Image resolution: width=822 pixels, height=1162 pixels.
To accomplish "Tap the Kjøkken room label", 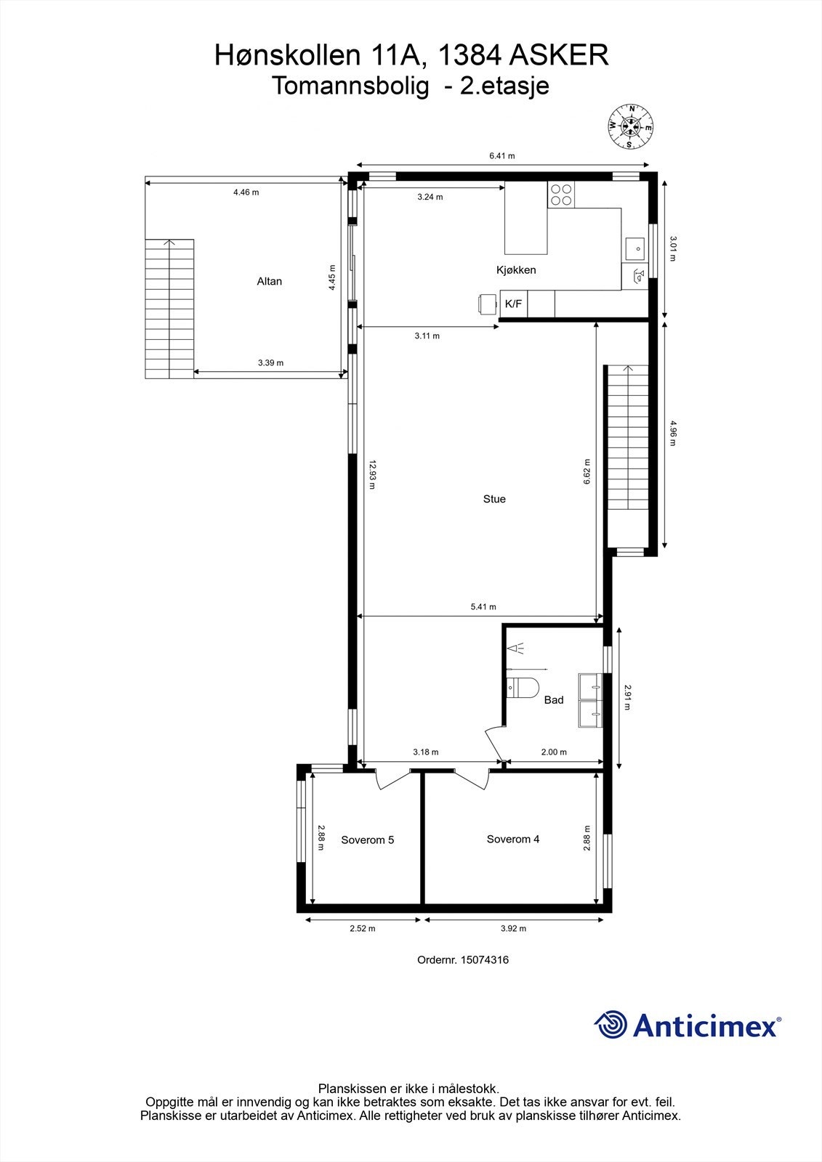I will coord(516,270).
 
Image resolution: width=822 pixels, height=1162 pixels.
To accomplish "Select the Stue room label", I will coord(494,499).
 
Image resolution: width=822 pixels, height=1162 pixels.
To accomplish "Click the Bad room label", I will coord(554,700).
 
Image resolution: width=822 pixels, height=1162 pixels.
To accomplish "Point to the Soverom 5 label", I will coord(367,840).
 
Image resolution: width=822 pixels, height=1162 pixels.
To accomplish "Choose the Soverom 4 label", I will coord(513,840).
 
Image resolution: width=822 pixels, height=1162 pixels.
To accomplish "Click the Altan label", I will coord(269,282).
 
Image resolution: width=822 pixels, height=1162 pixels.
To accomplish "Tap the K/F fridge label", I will coord(513,304).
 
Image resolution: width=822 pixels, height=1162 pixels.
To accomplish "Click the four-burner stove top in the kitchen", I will coord(561,195).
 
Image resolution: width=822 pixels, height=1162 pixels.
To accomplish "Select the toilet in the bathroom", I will coord(522,686).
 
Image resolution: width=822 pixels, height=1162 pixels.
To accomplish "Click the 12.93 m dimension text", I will coord(372,474).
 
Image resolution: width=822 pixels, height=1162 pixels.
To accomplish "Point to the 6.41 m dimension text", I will coord(501,156).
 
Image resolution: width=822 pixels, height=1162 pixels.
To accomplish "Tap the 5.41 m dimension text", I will coord(483,607).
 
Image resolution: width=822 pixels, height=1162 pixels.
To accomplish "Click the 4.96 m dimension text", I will coord(673,433).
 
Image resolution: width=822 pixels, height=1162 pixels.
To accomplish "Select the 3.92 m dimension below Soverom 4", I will coord(513,928).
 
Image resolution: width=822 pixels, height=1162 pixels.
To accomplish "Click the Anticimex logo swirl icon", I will coord(611,1025).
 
